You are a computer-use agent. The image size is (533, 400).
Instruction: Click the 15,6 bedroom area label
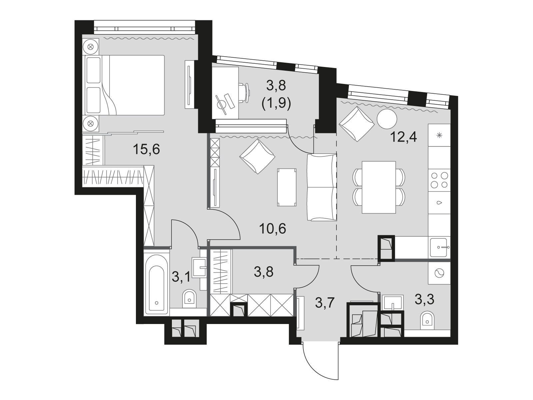[x=146, y=149]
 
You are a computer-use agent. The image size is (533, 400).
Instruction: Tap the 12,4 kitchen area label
[x=403, y=137]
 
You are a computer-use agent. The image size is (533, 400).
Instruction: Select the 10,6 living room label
[x=272, y=229]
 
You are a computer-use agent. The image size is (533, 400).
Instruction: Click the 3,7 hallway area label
[x=325, y=303]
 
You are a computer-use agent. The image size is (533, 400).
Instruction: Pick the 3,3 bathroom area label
[x=424, y=299]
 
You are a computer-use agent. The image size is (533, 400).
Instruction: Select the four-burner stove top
[x=439, y=180]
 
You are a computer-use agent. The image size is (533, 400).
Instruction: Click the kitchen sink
[x=438, y=247]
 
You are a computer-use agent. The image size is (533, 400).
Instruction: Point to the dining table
[x=378, y=187]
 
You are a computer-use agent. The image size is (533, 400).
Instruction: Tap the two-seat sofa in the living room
[x=322, y=187]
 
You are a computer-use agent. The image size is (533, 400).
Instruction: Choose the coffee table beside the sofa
[x=286, y=187]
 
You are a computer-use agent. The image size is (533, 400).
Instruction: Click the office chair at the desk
[x=244, y=93]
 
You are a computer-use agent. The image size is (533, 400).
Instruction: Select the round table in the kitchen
[x=387, y=119]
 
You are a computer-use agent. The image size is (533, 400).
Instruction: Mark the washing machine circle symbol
[x=439, y=274]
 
